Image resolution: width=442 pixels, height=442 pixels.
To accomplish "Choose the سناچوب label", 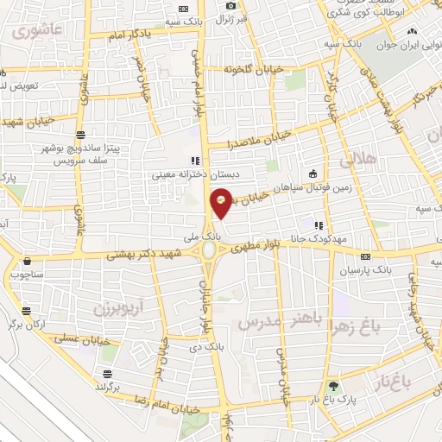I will click(28, 275).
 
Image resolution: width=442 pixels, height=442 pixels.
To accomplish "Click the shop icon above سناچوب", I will click(28, 260).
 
